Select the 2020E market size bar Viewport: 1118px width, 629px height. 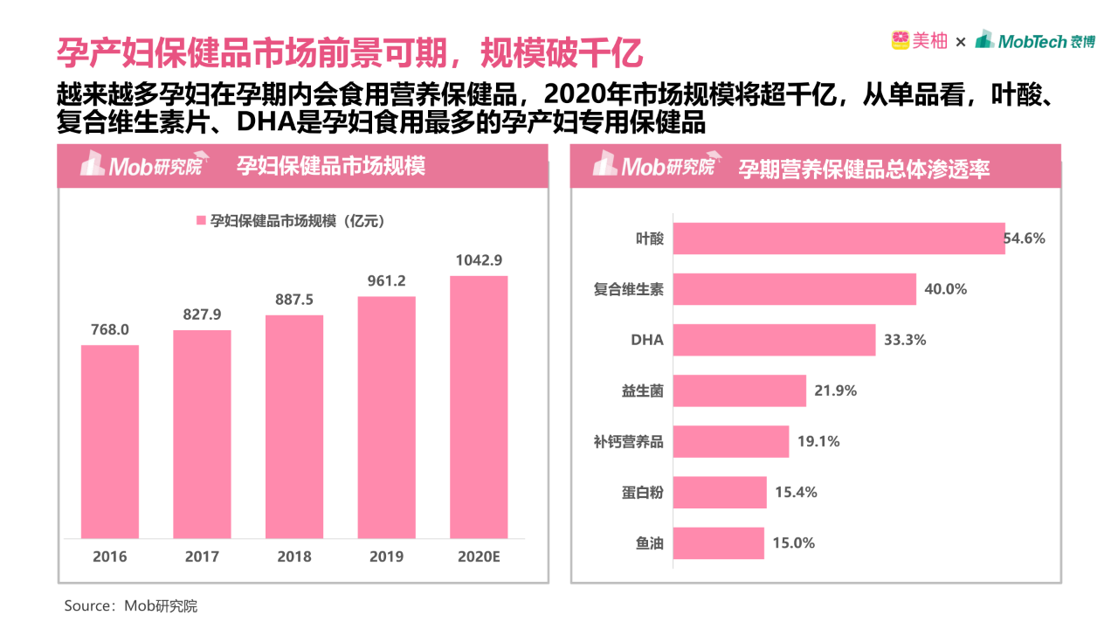tap(479, 407)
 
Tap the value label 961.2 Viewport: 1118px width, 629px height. tap(386, 281)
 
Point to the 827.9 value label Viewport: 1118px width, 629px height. tap(202, 314)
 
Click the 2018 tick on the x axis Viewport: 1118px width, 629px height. tap(294, 556)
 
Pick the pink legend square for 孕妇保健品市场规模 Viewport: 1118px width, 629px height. tap(201, 221)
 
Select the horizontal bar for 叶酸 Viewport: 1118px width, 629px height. tap(839, 238)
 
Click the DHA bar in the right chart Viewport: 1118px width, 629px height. tap(775, 340)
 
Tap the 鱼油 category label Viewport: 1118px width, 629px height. tap(650, 543)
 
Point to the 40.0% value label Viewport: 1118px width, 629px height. tap(945, 289)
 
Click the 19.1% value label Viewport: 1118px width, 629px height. tap(818, 441)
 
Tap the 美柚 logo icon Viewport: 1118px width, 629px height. tap(901, 40)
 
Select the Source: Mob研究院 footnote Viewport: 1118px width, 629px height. tap(131, 605)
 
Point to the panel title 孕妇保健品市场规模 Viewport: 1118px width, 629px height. tap(332, 166)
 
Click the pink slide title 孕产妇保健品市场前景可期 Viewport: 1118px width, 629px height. tap(349, 52)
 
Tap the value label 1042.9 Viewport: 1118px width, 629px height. tap(479, 260)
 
